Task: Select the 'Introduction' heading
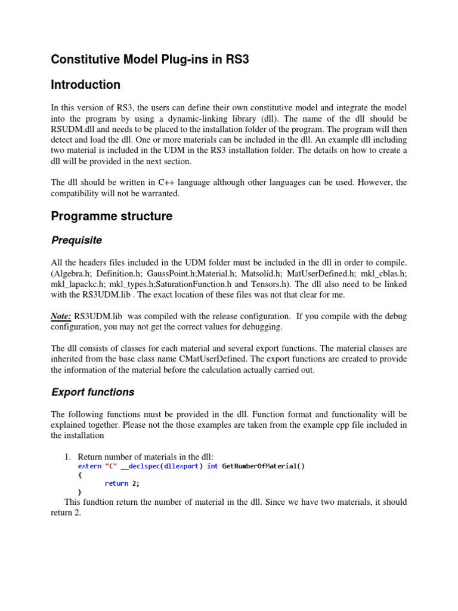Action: pyautogui.click(x=85, y=85)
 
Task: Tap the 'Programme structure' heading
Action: pyautogui.click(x=112, y=216)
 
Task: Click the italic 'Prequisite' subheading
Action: pyautogui.click(x=76, y=240)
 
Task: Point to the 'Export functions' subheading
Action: pyautogui.click(x=92, y=392)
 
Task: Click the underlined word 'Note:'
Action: pyautogui.click(x=62, y=315)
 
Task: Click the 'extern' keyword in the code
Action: pyautogui.click(x=89, y=466)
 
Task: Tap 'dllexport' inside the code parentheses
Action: pyautogui.click(x=182, y=466)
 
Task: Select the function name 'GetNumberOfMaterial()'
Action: pyautogui.click(x=263, y=466)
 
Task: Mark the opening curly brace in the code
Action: pyautogui.click(x=81, y=475)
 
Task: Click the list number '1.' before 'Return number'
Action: pyautogui.click(x=68, y=456)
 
